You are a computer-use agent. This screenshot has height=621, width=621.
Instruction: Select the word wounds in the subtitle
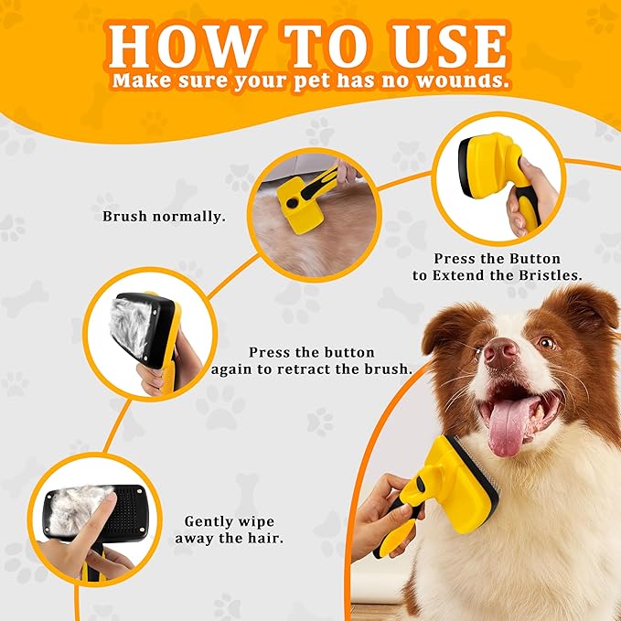(463, 80)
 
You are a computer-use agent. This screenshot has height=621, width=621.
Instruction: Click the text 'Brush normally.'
(164, 217)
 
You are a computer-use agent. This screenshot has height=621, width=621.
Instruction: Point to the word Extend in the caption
(457, 275)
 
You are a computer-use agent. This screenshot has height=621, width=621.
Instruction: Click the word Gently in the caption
(208, 522)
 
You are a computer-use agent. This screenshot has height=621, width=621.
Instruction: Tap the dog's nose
(501, 352)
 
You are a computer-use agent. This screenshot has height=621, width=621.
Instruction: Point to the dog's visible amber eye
(548, 343)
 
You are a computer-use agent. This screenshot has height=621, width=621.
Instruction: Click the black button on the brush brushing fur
(292, 204)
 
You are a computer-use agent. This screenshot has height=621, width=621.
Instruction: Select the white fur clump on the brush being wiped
(77, 509)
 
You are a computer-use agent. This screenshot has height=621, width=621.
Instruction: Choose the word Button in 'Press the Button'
(535, 259)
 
